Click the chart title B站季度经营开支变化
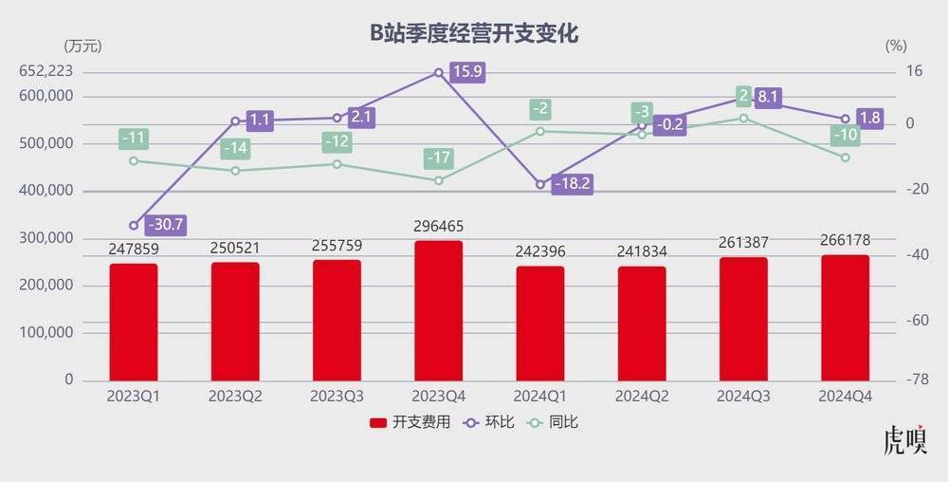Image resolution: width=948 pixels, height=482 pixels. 474,33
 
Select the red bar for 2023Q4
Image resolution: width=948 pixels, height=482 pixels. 438,310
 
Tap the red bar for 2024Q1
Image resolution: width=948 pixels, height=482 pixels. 539,323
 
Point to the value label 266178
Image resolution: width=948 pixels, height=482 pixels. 845,239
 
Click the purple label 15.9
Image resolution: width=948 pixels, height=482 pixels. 466,72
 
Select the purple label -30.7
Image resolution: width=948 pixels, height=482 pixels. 163,226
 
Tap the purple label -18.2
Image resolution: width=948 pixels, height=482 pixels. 571,185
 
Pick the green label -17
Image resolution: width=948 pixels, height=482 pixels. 438,158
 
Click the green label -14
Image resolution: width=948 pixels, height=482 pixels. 235,149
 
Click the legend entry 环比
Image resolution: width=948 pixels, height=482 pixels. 490,421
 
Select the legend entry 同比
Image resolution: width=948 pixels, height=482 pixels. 554,421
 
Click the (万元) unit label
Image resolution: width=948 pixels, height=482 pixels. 82,46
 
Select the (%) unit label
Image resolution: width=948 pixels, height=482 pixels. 896,46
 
